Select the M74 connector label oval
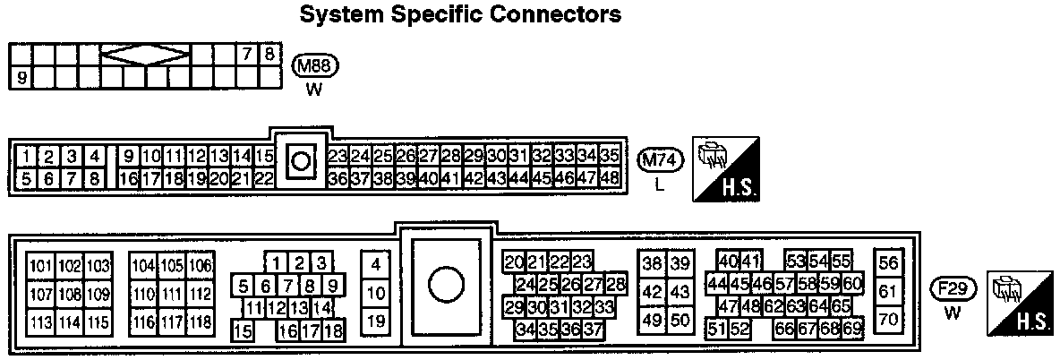661,160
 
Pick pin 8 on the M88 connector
268,53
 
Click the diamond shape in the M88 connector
146,56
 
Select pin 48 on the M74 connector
610,177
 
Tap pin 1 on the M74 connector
29,156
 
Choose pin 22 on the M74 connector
263,177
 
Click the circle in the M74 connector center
302,162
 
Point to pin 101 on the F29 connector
41,265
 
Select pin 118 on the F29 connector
200,322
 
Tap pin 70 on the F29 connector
888,318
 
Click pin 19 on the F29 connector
376,321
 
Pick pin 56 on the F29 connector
888,263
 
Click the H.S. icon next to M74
725,169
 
